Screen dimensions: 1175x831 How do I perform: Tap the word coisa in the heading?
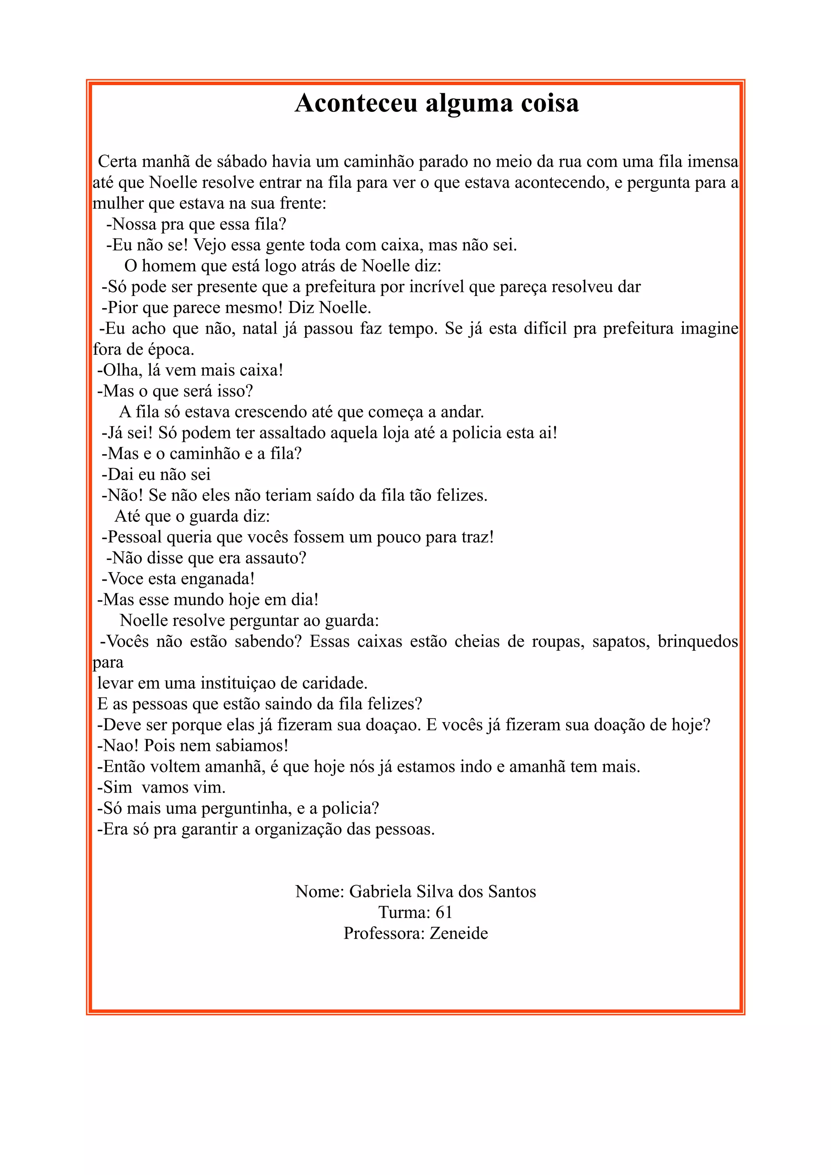[x=549, y=103]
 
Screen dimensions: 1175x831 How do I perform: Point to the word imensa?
[x=713, y=162]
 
